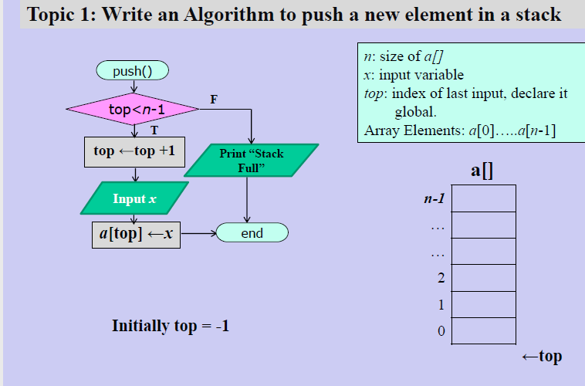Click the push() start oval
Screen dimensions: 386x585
132,71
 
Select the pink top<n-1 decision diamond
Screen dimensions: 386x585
132,110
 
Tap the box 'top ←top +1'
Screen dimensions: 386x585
134,151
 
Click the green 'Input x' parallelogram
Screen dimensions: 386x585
134,198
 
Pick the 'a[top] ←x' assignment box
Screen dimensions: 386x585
136,233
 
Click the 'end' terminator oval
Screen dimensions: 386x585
252,232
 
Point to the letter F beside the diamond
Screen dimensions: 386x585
214,99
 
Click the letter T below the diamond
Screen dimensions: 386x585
154,131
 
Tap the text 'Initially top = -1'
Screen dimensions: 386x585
171,326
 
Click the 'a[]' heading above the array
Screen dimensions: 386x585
482,170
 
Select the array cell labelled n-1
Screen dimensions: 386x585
483,198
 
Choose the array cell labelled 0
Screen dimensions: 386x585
483,330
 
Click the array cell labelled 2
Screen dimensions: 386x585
483,278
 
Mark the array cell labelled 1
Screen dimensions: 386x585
483,304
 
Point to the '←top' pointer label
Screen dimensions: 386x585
541,356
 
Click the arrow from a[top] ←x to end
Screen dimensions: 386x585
198,232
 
